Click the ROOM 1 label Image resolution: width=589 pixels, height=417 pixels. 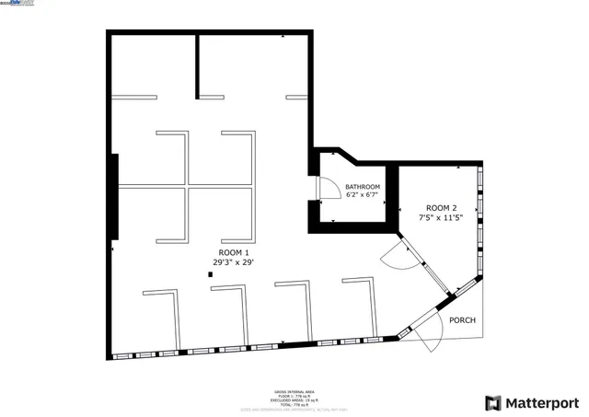click(233, 252)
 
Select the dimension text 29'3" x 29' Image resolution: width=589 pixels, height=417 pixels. click(233, 262)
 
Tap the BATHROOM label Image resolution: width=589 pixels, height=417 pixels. click(362, 187)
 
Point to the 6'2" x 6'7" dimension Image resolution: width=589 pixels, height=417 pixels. click(362, 195)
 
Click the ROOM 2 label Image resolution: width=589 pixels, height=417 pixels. click(440, 208)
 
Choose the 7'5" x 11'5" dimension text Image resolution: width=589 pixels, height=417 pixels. click(440, 218)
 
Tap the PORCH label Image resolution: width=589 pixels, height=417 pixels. click(461, 320)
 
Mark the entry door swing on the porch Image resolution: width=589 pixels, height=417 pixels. click(425, 340)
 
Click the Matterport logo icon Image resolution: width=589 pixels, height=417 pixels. click(493, 402)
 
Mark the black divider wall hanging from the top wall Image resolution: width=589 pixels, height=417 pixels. click(197, 65)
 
